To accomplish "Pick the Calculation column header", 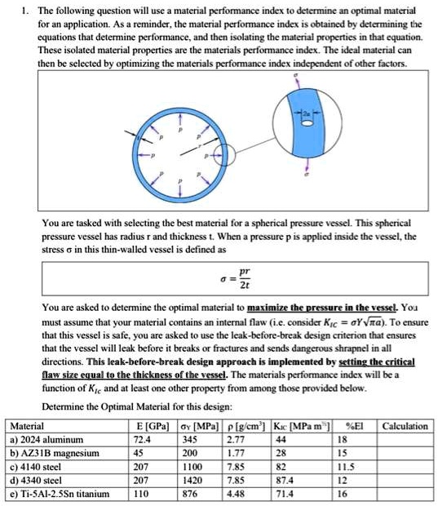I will pos(405,425).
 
